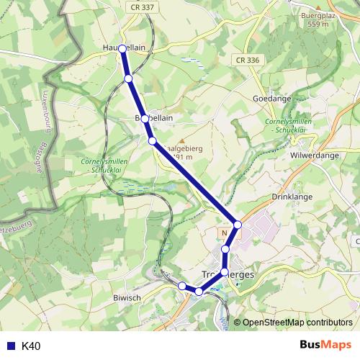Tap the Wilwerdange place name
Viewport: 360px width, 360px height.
(315, 154)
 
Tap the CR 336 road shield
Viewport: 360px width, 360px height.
(246, 60)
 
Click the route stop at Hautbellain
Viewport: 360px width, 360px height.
(122, 48)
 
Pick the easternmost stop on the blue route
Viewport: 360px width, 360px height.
(238, 225)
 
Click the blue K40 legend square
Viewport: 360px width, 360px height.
(9, 346)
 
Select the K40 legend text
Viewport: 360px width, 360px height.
(32, 346)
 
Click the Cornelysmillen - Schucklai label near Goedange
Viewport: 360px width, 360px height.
(289, 127)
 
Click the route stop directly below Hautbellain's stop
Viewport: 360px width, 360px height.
(128, 78)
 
